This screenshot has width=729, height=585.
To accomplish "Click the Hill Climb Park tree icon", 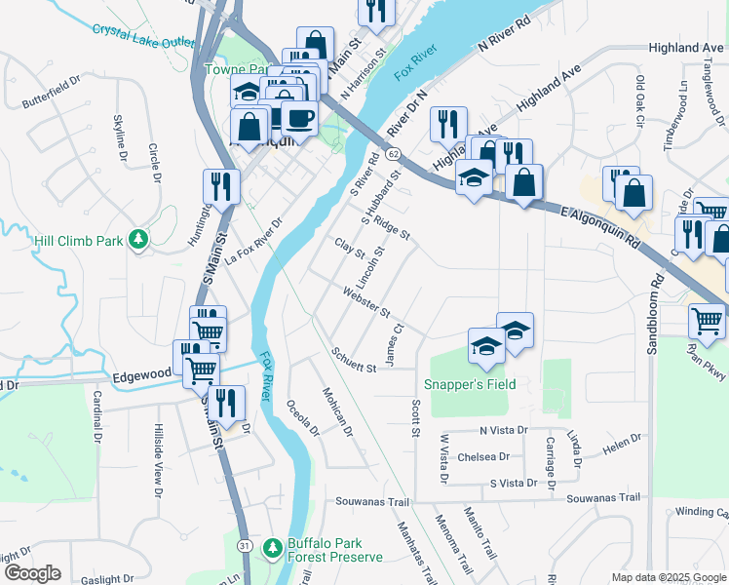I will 139,239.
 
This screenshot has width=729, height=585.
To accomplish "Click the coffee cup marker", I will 300,118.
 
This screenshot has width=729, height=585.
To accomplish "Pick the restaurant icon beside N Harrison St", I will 375,10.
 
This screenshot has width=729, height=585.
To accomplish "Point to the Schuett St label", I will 353,360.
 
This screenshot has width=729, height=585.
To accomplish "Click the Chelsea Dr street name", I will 483,456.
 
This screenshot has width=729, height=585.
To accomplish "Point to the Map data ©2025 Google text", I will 669,577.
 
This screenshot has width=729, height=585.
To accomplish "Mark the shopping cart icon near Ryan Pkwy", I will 707,320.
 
